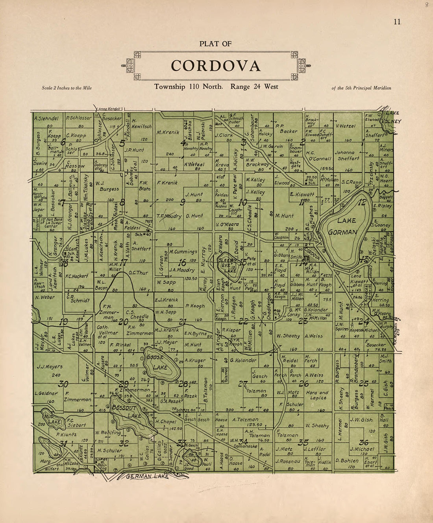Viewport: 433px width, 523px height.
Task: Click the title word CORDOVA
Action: (216, 66)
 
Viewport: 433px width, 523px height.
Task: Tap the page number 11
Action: (397, 22)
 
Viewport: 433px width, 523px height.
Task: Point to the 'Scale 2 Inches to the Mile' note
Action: (67, 88)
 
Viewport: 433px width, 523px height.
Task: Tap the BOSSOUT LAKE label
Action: (126, 412)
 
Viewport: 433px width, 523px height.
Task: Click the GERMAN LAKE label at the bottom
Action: (147, 476)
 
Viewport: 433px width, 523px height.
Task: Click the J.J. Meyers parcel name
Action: (50, 367)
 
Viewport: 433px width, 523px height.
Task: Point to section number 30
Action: (63, 384)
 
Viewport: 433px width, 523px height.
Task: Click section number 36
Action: (363, 442)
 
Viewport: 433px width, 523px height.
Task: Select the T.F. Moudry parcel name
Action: (169, 216)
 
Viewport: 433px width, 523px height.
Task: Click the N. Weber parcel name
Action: (45, 298)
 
